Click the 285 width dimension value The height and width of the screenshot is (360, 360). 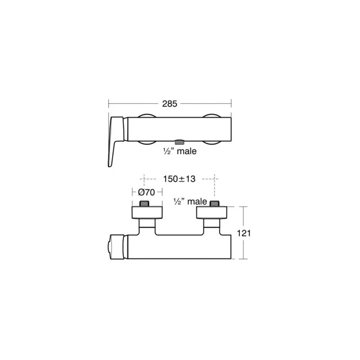click(x=170, y=104)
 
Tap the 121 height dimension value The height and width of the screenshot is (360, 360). click(x=243, y=233)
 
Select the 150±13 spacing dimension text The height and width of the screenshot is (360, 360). click(x=179, y=179)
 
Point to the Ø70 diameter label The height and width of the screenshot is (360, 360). click(x=147, y=192)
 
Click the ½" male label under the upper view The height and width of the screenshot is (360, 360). click(x=180, y=151)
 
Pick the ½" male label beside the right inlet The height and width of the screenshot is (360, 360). click(x=190, y=202)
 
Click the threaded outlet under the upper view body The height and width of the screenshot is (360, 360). click(x=180, y=143)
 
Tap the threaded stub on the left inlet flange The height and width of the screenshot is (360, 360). click(x=144, y=204)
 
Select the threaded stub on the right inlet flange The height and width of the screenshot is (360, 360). click(x=215, y=204)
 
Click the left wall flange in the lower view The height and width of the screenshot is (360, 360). click(x=147, y=212)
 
